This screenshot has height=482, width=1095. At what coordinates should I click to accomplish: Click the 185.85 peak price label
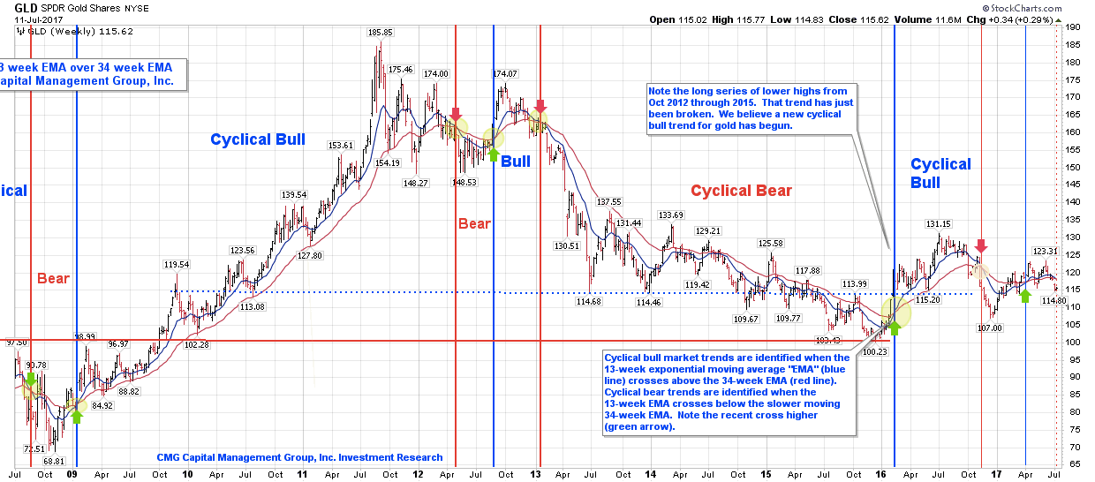click(381, 33)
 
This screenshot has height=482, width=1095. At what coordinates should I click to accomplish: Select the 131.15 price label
click(938, 224)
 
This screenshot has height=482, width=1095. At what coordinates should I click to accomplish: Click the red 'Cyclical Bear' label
click(741, 191)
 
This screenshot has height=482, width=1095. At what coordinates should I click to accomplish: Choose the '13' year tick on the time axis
click(535, 474)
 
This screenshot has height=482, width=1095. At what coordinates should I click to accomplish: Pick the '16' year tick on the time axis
click(884, 474)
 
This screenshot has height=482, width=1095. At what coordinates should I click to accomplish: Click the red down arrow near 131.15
click(982, 245)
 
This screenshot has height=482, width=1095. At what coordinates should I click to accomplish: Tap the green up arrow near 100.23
click(894, 328)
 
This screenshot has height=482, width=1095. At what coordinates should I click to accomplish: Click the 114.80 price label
click(1054, 301)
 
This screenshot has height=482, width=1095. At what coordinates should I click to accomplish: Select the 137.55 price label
click(609, 202)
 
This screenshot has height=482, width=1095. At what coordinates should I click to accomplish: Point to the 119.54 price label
click(176, 264)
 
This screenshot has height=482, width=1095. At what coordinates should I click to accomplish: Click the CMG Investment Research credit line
click(299, 457)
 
